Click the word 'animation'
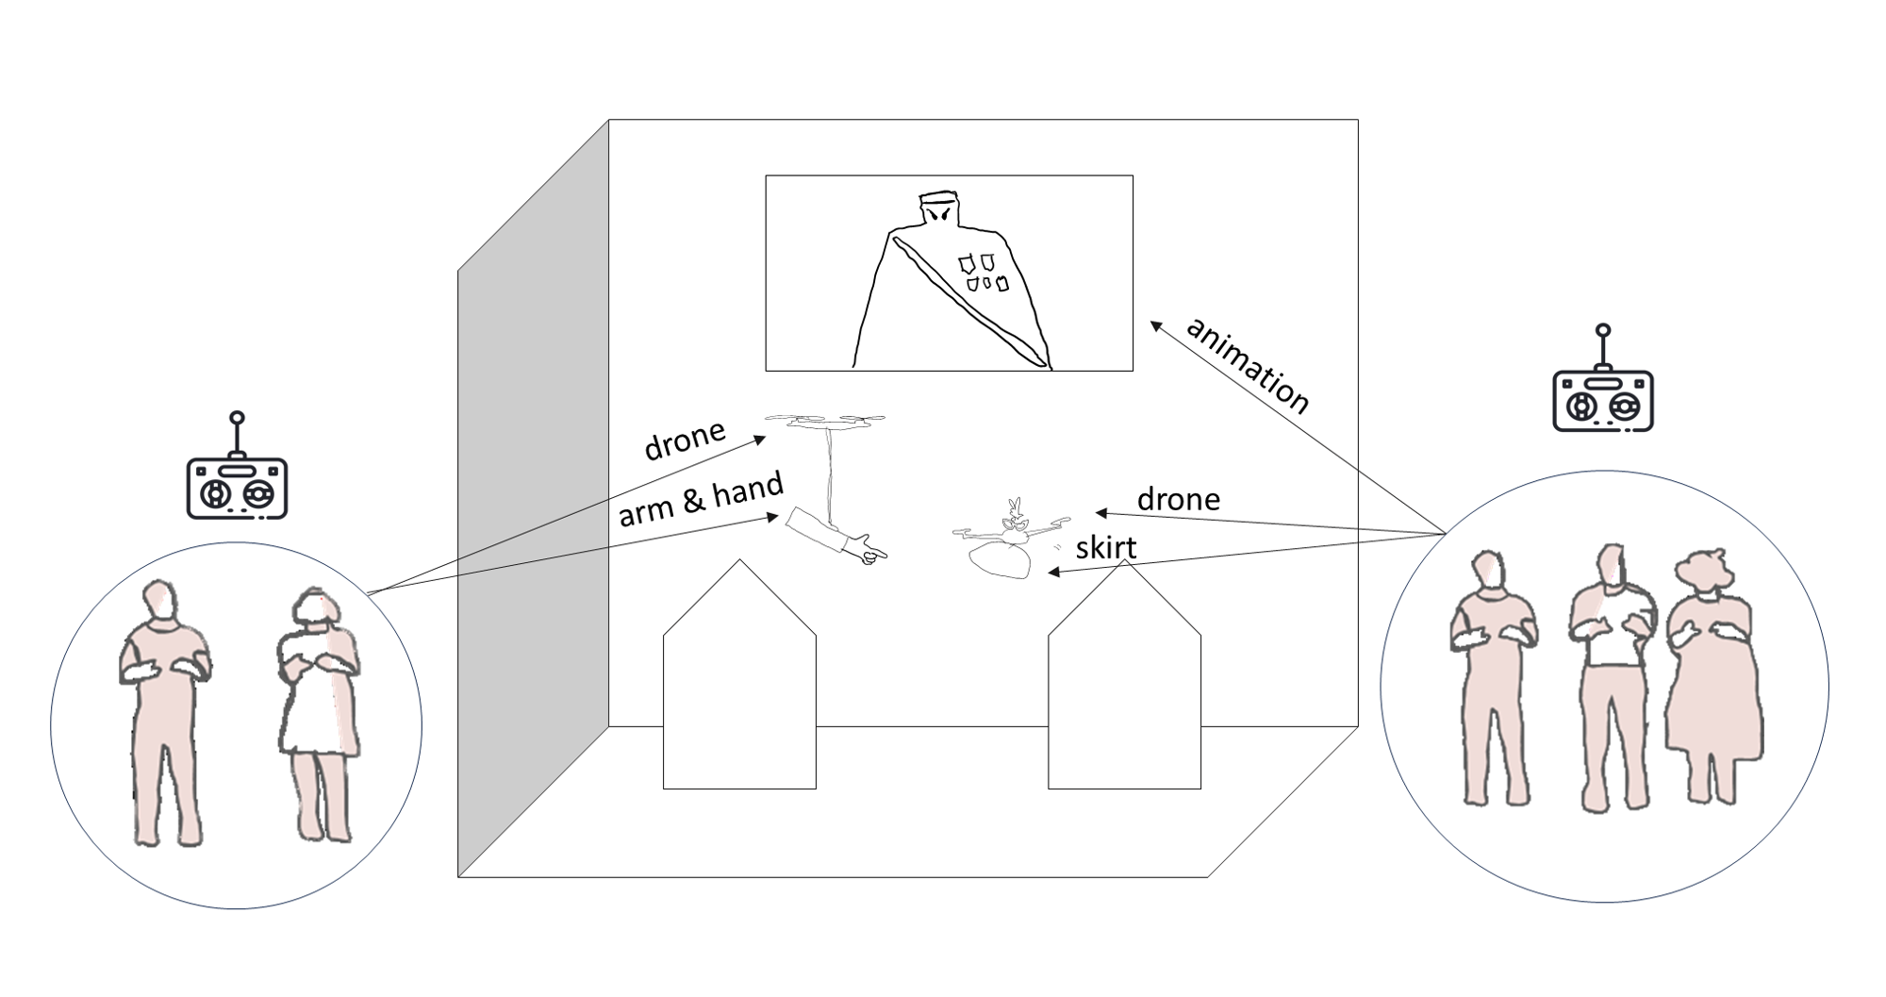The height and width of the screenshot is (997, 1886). click(x=1247, y=366)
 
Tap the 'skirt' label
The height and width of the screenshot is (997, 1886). click(x=1105, y=548)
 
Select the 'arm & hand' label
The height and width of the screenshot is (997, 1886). click(x=701, y=500)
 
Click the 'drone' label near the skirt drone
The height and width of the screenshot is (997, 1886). click(x=1178, y=499)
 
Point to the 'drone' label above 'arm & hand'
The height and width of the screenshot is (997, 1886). click(x=685, y=439)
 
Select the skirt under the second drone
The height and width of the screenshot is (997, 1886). click(x=1001, y=560)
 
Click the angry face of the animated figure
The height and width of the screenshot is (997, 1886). click(x=940, y=215)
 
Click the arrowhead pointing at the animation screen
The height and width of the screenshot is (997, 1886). click(x=1155, y=326)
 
